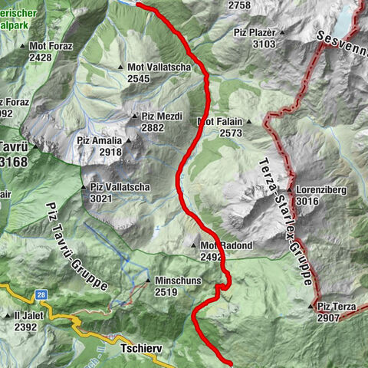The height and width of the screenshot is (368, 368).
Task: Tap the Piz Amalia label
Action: point(100,141)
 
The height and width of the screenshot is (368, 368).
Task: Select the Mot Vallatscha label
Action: point(159,67)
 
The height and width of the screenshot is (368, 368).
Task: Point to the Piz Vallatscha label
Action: point(120,187)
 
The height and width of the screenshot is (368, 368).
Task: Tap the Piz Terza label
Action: point(337,307)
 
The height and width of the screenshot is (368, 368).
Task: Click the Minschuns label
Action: point(177,281)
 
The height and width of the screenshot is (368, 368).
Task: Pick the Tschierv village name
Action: point(142,347)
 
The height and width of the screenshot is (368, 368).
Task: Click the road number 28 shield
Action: point(41,294)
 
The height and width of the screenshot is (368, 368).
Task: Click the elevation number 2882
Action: point(153,127)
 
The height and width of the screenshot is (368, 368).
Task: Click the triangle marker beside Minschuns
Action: point(149,281)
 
